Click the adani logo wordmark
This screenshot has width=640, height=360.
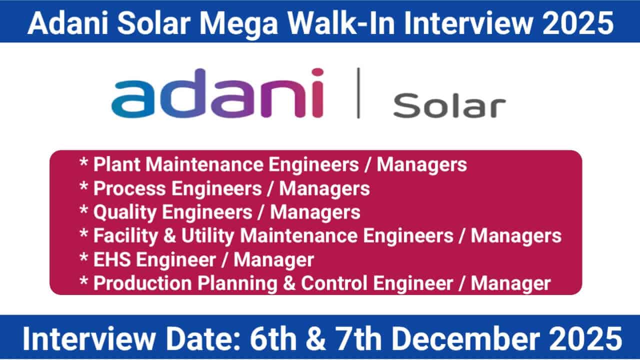coord(217,93)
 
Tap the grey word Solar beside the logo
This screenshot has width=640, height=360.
coord(449,106)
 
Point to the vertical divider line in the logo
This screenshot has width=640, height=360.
coord(358,93)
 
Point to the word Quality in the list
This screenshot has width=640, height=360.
coord(123,212)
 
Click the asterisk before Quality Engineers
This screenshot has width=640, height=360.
coord(83,211)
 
